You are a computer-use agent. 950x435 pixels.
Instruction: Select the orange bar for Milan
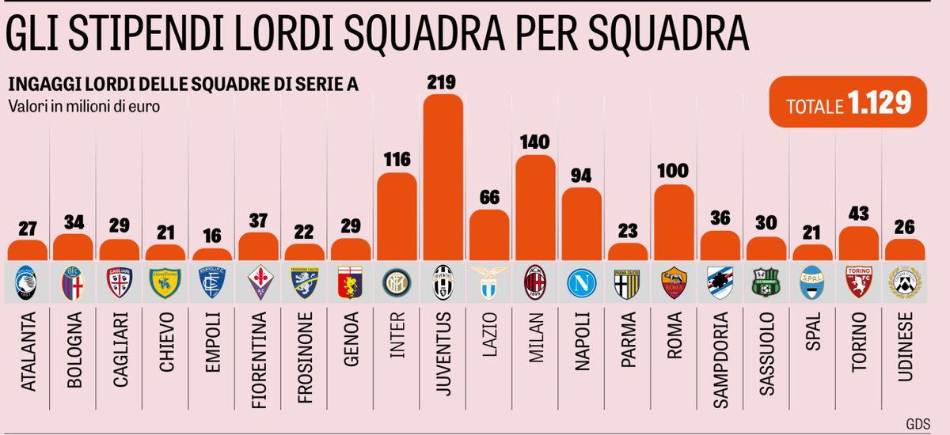click(x=535, y=207)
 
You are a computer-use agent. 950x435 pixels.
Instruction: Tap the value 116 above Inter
click(x=396, y=159)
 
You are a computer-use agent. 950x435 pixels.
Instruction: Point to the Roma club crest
click(x=674, y=281)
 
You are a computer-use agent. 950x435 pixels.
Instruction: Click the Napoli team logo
click(x=581, y=281)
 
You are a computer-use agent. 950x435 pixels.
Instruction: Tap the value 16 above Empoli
click(x=212, y=236)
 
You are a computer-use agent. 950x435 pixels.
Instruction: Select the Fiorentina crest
click(x=258, y=281)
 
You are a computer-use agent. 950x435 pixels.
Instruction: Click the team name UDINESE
click(x=905, y=347)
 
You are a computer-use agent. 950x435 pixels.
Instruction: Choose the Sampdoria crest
click(x=720, y=281)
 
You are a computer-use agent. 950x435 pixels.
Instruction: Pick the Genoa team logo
click(x=351, y=281)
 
